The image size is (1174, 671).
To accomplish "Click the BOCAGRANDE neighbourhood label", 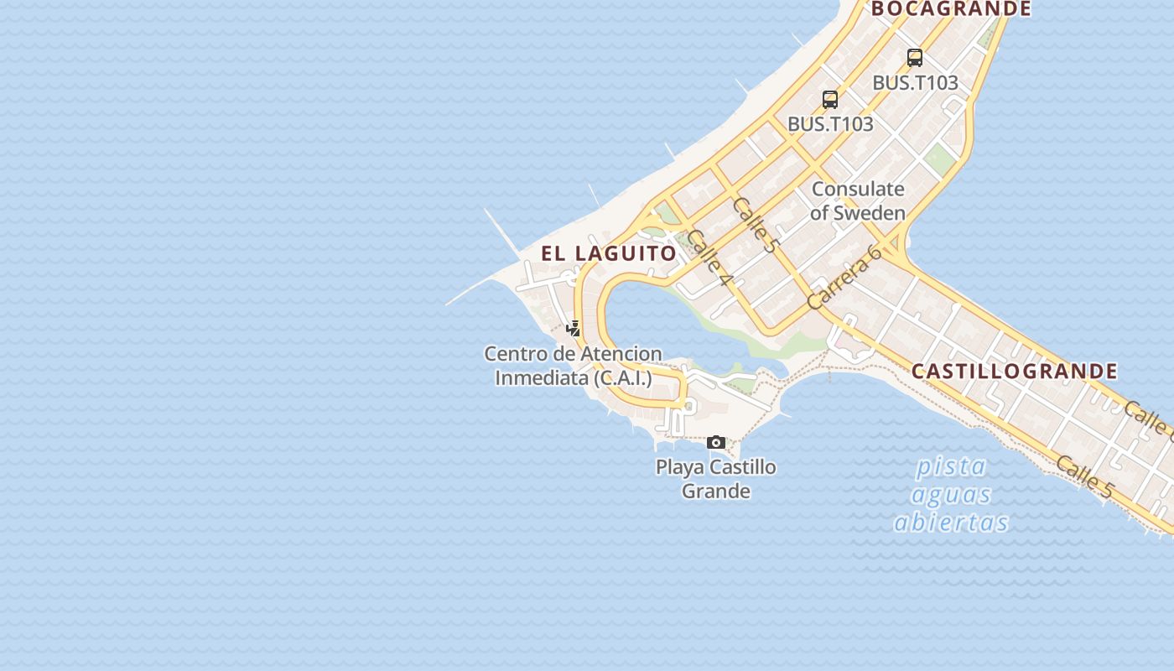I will (951, 9).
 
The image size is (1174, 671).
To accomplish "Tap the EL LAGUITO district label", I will (609, 253).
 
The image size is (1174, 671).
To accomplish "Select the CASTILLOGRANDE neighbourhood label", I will (1014, 371).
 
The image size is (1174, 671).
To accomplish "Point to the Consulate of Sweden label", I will (858, 201).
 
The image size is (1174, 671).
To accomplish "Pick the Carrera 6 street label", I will (844, 277).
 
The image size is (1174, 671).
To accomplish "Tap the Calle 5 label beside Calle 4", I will (755, 224).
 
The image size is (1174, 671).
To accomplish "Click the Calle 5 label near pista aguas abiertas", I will (1084, 476).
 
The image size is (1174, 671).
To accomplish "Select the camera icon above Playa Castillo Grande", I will (716, 442).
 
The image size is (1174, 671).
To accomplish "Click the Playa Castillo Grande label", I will (716, 479).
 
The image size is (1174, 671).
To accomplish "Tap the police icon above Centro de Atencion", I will (574, 328).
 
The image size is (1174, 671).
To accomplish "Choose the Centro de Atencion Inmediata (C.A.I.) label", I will (574, 366).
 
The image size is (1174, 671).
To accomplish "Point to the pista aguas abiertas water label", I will (952, 494).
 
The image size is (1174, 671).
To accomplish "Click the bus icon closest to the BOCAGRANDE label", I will (915, 58).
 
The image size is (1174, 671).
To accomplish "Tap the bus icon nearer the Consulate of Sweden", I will (830, 99).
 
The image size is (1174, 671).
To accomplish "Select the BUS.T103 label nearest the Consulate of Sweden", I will (830, 124).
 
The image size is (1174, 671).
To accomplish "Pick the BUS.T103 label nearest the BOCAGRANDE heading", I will (915, 83).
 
